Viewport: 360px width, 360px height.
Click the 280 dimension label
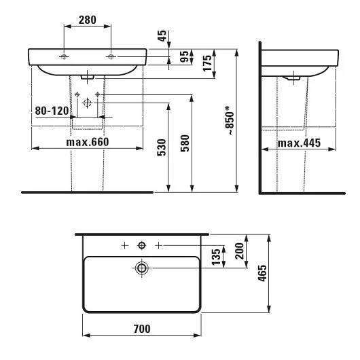coord(87,20)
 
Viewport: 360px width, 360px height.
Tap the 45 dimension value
coord(162,36)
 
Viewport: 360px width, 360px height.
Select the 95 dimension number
coord(184,56)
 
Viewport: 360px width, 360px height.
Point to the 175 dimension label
coord(207,63)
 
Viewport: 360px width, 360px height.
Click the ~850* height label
coord(230,120)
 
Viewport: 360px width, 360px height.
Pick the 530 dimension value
coord(162,147)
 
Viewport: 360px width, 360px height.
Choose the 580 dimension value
coord(185,143)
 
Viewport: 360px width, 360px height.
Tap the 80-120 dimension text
coord(52,111)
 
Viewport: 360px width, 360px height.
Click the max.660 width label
coord(88,142)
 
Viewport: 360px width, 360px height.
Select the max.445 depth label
coord(299,143)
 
